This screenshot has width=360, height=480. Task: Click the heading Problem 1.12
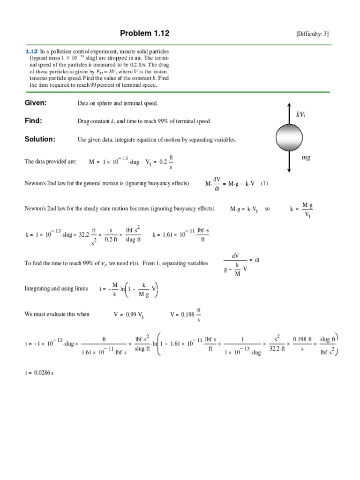145,33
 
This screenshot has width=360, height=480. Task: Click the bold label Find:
33,121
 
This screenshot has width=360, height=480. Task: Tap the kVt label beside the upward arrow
301,114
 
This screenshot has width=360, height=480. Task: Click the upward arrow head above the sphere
291,105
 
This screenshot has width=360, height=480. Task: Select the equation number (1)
264,183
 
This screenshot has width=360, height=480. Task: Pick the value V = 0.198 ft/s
186,314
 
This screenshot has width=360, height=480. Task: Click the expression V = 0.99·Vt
128,315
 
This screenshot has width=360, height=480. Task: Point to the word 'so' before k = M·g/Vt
267,209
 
